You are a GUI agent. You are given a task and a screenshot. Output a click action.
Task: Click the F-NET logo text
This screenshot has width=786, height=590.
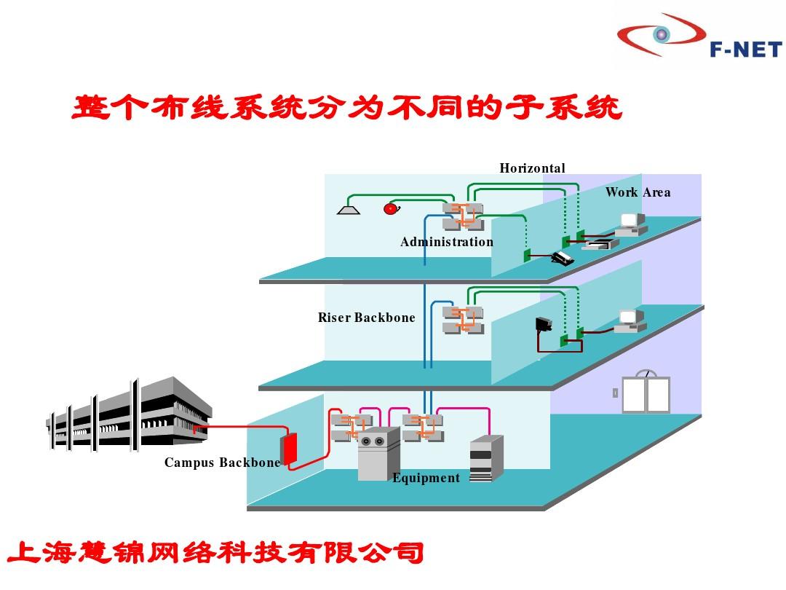click(745, 49)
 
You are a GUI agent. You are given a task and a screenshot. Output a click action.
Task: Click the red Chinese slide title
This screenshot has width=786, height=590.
click(346, 109)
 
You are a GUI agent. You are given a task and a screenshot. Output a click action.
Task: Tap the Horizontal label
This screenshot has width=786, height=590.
click(532, 168)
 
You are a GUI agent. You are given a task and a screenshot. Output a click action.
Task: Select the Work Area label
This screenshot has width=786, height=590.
click(638, 192)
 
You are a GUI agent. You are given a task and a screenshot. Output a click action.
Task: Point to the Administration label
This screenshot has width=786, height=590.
click(446, 242)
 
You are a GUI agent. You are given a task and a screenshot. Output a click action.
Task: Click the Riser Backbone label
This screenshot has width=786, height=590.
click(366, 318)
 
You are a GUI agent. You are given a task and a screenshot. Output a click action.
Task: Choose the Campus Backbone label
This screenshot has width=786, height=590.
click(222, 463)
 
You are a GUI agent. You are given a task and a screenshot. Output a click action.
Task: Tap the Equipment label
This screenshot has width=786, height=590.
click(426, 478)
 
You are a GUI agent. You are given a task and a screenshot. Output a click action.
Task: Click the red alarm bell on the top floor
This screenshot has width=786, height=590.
click(391, 209)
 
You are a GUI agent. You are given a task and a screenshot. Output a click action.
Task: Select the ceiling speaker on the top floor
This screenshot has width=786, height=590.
click(349, 211)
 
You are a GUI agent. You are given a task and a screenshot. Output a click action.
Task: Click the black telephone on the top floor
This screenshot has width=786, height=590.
click(562, 259)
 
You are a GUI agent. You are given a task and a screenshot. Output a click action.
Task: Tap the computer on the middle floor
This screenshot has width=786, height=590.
click(630, 320)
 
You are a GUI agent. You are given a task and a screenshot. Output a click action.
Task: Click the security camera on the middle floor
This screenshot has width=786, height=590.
click(544, 323)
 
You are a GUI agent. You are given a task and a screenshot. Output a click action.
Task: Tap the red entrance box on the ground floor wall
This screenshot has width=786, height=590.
click(289, 449)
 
